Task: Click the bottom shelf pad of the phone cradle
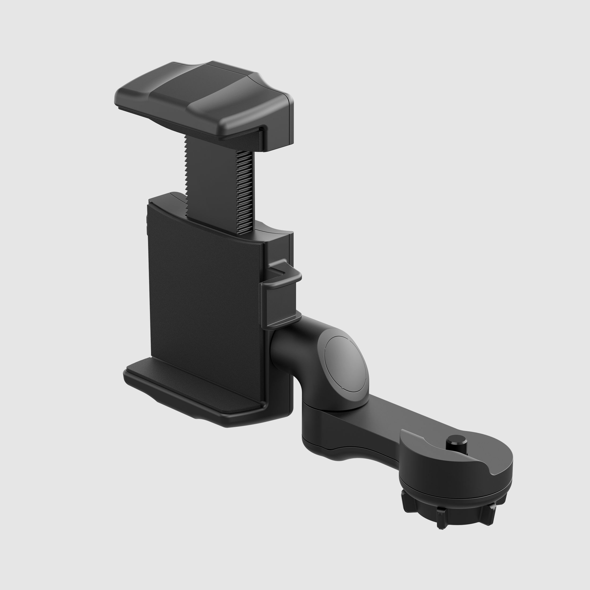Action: [x=192, y=386]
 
